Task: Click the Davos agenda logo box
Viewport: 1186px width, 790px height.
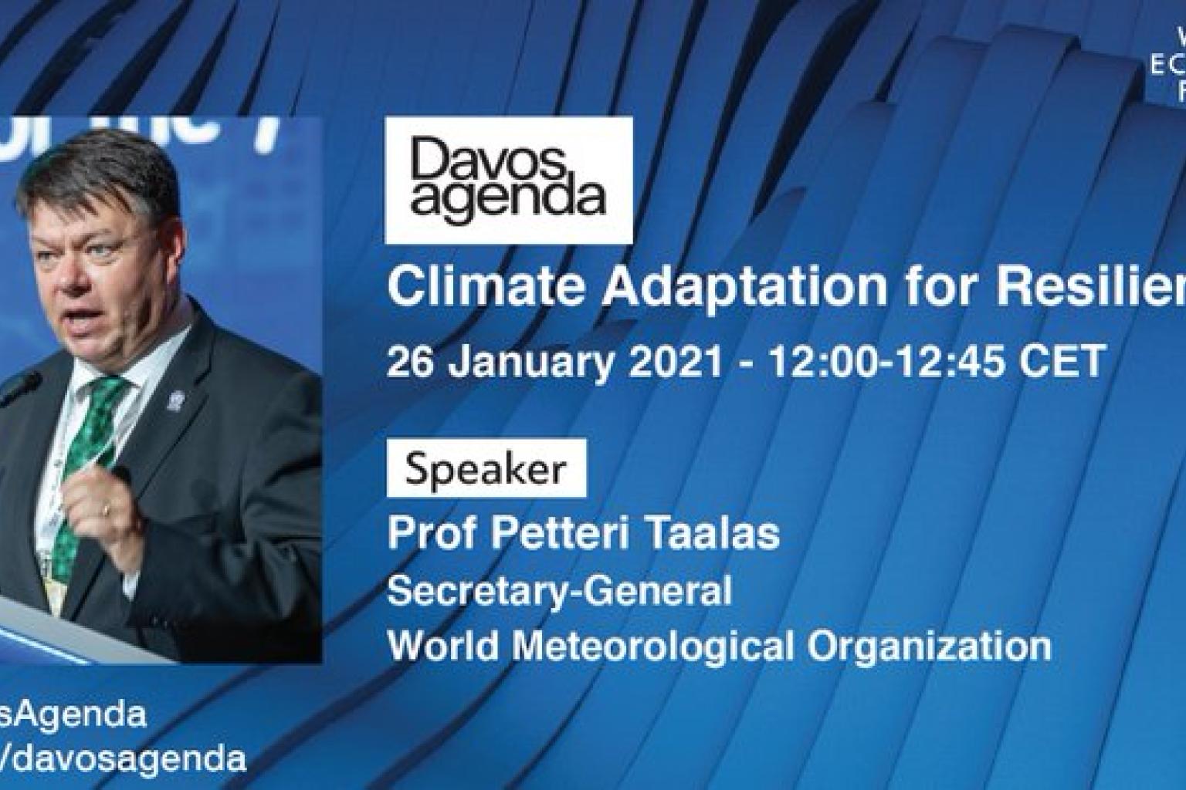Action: (x=508, y=180)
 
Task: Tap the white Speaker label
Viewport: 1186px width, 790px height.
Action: (x=486, y=468)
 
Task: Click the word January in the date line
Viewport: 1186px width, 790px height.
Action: (x=537, y=362)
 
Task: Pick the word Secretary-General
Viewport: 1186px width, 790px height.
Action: (x=559, y=591)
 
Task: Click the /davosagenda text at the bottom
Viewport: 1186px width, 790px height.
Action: (x=124, y=759)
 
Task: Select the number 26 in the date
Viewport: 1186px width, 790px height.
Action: (x=408, y=360)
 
